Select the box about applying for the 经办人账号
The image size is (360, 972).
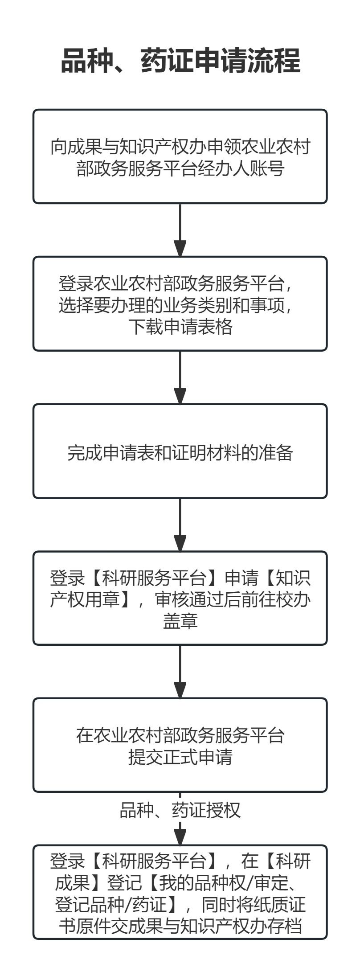click(180, 157)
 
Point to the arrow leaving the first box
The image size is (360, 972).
click(180, 230)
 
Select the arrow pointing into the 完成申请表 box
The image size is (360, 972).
click(180, 377)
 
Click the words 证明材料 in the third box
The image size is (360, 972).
click(206, 452)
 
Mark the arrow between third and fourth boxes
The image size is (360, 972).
click(180, 525)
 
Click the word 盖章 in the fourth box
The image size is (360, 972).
click(180, 621)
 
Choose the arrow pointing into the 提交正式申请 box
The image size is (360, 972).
click(180, 671)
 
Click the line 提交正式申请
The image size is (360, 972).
click(180, 757)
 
